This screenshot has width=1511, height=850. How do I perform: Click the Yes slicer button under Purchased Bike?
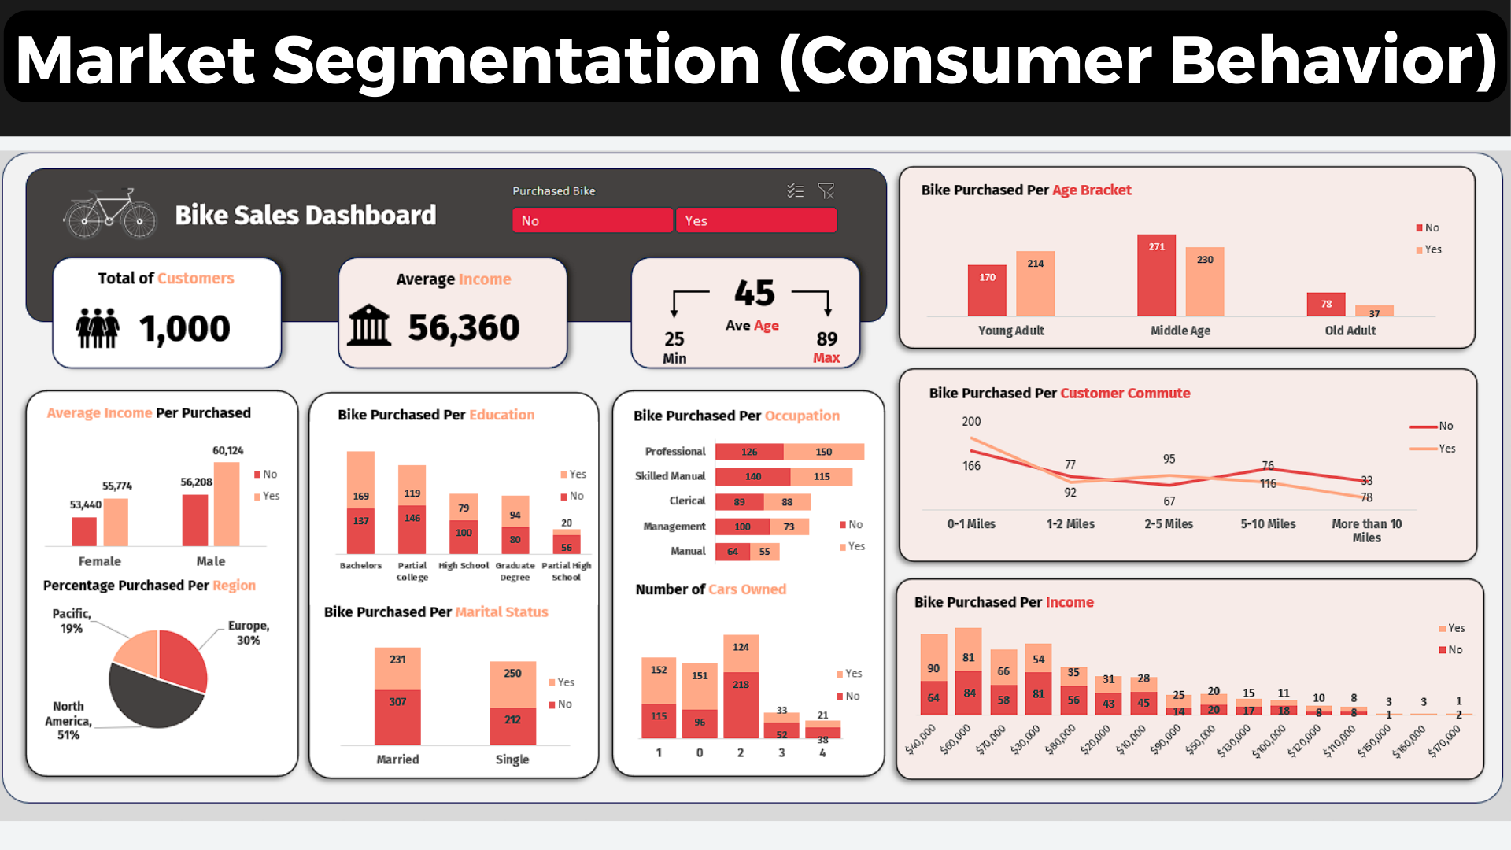755,220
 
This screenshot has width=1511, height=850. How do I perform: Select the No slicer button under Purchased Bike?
593,220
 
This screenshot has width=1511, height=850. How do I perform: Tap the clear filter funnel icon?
826,191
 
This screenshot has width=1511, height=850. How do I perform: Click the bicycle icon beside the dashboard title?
110,214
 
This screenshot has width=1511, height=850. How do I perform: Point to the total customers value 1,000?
184,328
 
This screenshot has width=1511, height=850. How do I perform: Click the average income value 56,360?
464,327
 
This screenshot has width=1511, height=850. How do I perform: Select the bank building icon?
369,326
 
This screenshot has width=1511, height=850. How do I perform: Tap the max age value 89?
826,339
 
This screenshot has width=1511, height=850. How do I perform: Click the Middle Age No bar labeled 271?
1156,275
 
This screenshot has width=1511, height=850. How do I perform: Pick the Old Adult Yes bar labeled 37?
1374,312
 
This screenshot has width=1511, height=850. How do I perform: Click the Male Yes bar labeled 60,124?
227,504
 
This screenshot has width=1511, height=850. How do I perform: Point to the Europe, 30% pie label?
249,633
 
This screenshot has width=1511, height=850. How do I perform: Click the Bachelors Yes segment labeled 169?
360,480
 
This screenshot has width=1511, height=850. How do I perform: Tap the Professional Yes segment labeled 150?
824,452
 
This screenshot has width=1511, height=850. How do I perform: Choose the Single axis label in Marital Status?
512,759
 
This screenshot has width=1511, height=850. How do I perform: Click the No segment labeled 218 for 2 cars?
741,704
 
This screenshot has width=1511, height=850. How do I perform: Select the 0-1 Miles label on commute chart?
971,524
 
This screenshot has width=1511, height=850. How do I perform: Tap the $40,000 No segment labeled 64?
933,697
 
